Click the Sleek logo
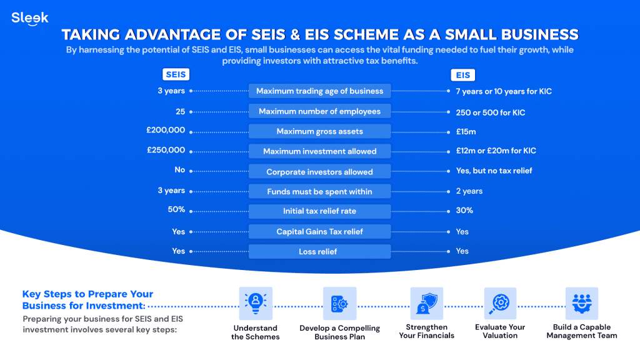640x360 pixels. click(x=30, y=18)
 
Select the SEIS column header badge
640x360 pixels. click(x=176, y=74)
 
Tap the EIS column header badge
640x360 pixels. click(x=463, y=75)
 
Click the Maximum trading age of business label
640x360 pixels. click(x=319, y=91)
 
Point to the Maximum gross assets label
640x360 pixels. click(x=319, y=131)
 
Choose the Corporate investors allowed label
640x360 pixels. click(x=319, y=172)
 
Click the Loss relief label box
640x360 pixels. click(x=319, y=251)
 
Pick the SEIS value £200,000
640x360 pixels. click(x=166, y=130)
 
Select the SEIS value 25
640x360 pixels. click(x=181, y=112)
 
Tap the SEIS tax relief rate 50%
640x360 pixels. click(x=176, y=209)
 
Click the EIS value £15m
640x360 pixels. click(x=466, y=132)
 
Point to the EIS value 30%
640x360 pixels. click(x=464, y=211)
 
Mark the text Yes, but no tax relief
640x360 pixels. click(x=494, y=171)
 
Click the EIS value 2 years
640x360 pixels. click(x=469, y=191)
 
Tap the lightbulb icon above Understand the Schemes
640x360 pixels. click(x=256, y=303)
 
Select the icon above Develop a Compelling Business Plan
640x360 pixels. click(x=339, y=303)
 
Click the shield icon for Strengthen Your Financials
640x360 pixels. click(x=426, y=303)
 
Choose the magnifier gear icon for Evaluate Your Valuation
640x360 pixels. click(x=500, y=303)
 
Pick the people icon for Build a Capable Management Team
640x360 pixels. click(x=582, y=303)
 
